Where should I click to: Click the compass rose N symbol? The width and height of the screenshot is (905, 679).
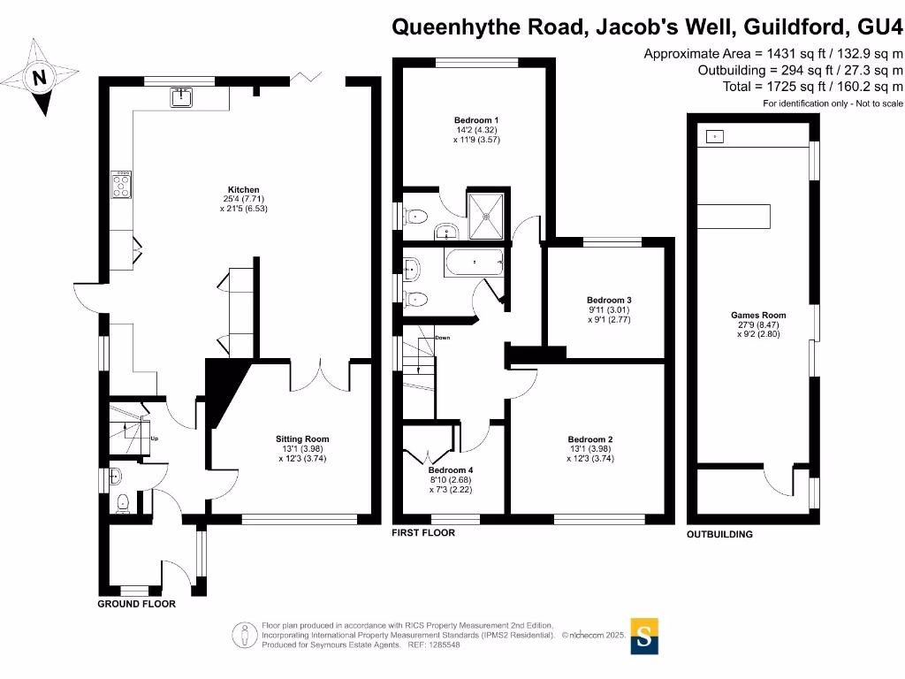click(x=39, y=78)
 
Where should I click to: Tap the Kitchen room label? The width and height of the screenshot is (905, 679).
click(x=244, y=190)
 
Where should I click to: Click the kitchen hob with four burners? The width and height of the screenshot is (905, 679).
click(x=120, y=185)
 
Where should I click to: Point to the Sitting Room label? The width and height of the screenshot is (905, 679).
click(x=304, y=439)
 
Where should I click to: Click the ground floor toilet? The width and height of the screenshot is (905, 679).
click(x=124, y=503)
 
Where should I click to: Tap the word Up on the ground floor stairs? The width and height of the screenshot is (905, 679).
click(x=155, y=439)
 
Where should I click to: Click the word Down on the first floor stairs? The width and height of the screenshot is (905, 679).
click(x=442, y=338)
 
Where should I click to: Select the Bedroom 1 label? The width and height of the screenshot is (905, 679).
click(x=476, y=120)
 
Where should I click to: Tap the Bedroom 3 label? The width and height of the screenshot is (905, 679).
click(x=610, y=301)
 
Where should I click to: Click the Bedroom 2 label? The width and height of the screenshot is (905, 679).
click(x=590, y=439)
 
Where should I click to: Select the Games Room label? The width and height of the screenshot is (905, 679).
click(x=757, y=316)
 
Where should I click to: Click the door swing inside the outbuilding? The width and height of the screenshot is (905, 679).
click(x=778, y=482)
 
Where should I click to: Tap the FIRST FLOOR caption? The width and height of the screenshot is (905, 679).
click(x=424, y=533)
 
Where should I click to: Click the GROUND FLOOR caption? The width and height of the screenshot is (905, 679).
click(x=136, y=604)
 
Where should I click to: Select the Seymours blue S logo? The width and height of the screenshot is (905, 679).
click(x=644, y=636)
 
